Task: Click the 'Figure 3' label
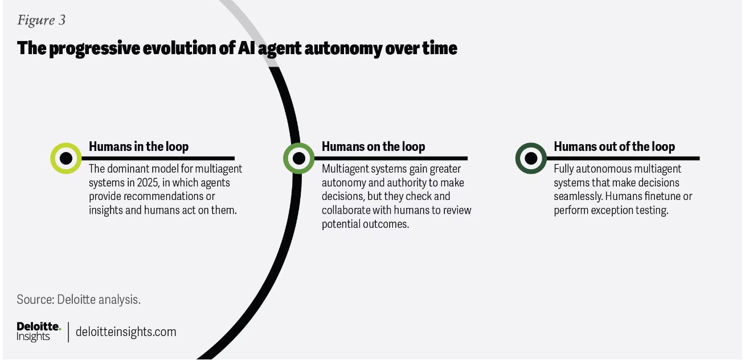tap(41, 21)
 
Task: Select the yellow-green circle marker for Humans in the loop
tap(66, 158)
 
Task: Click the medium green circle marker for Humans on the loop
tap(298, 158)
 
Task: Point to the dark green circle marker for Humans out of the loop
tap(531, 158)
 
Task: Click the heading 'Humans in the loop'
tap(138, 146)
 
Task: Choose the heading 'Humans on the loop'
tap(373, 146)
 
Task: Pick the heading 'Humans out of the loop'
tap(614, 146)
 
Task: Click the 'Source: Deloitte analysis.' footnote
tap(79, 299)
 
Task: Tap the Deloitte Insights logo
tap(38, 331)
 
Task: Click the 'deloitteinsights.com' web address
tap(126, 332)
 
